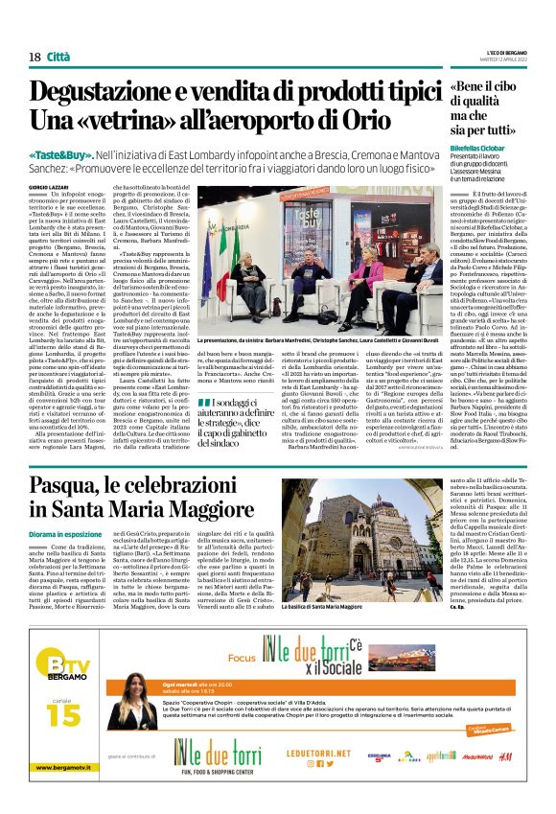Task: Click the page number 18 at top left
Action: point(35,57)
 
